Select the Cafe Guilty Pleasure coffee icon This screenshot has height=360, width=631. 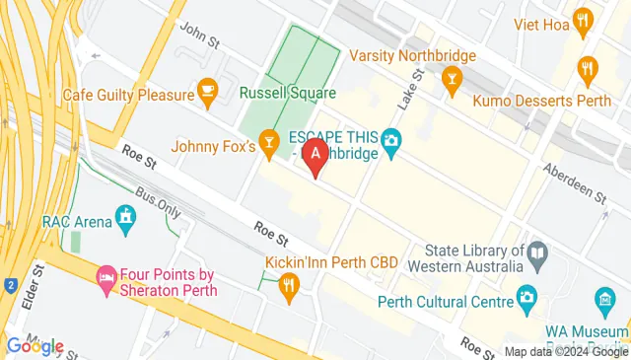(x=207, y=92)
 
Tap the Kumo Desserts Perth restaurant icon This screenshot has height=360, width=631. (x=589, y=68)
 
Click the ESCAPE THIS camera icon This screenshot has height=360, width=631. (x=391, y=141)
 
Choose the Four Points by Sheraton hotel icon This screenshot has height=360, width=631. (x=106, y=279)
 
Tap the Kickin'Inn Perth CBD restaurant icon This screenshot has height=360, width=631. (x=289, y=287)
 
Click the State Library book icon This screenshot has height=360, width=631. (x=538, y=255)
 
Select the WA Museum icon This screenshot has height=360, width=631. (x=603, y=299)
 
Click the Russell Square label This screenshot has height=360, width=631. (x=288, y=94)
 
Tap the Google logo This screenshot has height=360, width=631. (x=35, y=346)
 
